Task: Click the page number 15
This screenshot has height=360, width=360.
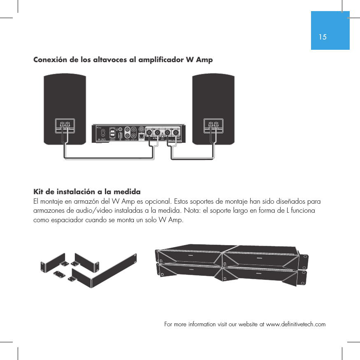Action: tap(323, 37)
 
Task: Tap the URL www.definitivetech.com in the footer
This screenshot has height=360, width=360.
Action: tap(296, 325)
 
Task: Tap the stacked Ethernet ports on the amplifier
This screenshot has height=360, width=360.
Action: tap(112, 134)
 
